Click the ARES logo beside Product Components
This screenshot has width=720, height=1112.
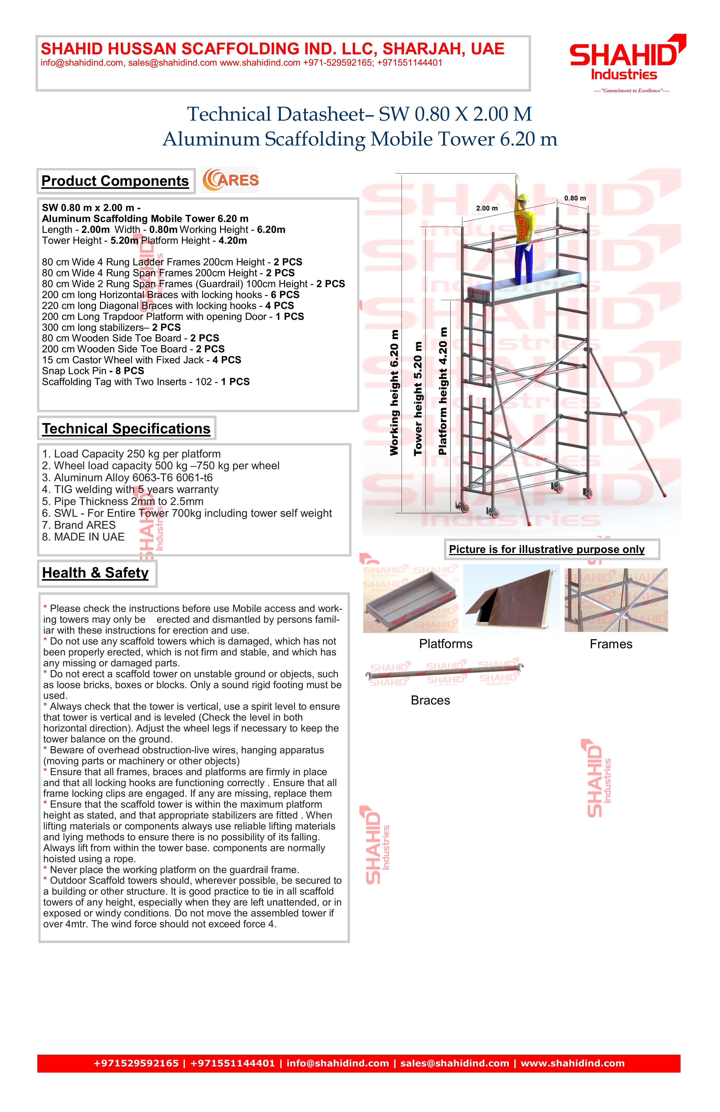230,180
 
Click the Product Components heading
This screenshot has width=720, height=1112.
115,181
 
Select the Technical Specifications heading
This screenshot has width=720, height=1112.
126,428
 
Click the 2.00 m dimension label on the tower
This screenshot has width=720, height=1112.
487,208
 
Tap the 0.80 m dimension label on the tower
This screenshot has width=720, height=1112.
575,198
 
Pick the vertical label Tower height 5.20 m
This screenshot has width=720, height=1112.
418,399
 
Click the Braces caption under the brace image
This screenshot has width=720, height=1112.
430,700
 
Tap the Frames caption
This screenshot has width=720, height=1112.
611,644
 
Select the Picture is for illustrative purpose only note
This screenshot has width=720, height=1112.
547,549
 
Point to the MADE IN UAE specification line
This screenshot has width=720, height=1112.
83,537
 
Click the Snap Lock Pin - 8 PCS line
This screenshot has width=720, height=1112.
93,371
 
